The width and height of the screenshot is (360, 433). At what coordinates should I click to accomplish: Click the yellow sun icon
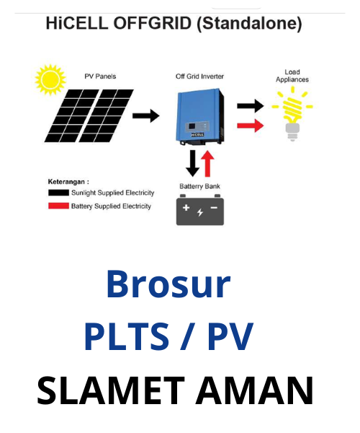(x=50, y=80)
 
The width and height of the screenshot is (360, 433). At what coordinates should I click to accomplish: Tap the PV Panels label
(x=100, y=76)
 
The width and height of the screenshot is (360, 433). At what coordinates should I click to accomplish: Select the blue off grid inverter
(x=200, y=116)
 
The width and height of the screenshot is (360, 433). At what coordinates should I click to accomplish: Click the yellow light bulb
(x=292, y=113)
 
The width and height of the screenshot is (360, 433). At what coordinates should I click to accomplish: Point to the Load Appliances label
(x=292, y=76)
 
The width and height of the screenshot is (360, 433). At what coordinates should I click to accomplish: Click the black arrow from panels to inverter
(x=146, y=115)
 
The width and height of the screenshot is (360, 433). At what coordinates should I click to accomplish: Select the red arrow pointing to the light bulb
(x=251, y=126)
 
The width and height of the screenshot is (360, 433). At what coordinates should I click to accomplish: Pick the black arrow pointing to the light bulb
(x=251, y=105)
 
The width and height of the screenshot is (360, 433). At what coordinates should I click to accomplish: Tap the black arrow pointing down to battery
(x=192, y=163)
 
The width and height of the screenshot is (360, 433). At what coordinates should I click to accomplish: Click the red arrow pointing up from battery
(x=207, y=164)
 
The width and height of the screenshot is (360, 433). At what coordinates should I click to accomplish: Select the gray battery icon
(x=200, y=210)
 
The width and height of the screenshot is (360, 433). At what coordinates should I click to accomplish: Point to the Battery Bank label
(x=199, y=186)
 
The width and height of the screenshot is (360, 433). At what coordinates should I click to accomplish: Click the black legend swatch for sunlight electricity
(x=58, y=193)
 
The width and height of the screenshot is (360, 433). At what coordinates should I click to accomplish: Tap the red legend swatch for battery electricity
(x=58, y=206)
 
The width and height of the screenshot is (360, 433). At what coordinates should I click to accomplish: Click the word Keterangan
(x=66, y=182)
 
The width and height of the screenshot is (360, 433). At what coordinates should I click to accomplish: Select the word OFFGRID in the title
(x=153, y=23)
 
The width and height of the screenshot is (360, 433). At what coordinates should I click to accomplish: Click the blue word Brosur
(x=168, y=284)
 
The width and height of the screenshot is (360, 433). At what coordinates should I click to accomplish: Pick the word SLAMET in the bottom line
(x=110, y=390)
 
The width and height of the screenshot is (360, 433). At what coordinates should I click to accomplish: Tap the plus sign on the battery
(x=186, y=207)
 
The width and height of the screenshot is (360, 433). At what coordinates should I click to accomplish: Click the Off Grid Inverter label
(x=199, y=76)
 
